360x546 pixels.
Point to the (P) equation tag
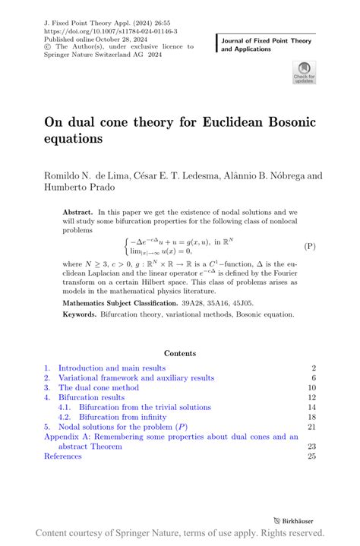pyautogui.click(x=310, y=247)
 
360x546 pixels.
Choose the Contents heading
pyautogui.click(x=179, y=353)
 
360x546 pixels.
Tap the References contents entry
pyautogui.click(x=62, y=456)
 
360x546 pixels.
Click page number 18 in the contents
pyautogui.click(x=311, y=417)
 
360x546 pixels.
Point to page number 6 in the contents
pyautogui.click(x=314, y=378)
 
